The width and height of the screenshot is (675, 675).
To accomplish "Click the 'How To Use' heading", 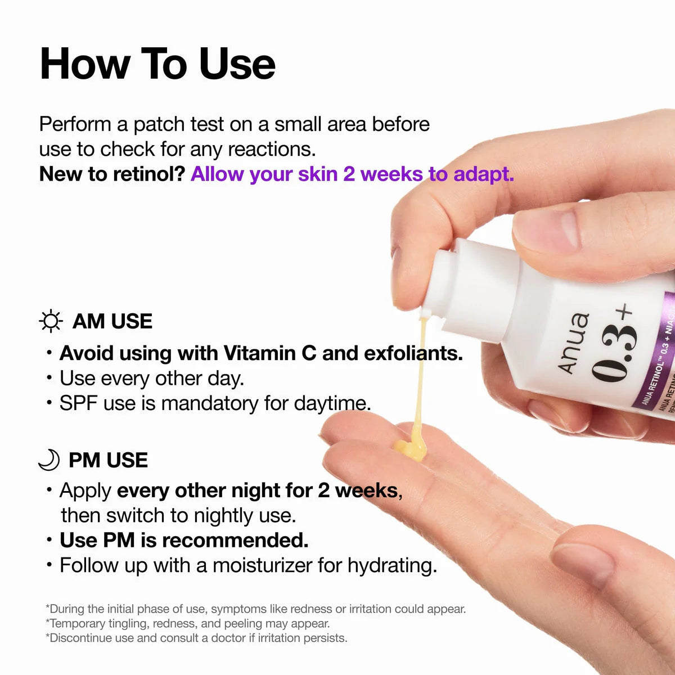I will pyautogui.click(x=157, y=64).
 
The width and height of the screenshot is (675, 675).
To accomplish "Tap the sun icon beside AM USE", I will pyautogui.click(x=51, y=321).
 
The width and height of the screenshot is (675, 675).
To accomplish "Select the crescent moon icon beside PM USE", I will pyautogui.click(x=49, y=460).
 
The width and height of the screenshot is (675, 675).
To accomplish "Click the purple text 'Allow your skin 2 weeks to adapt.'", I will pyautogui.click(x=352, y=174).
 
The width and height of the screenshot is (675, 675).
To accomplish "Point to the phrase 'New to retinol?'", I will pyautogui.click(x=112, y=174).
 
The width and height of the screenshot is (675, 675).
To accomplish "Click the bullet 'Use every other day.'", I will pyautogui.click(x=152, y=378).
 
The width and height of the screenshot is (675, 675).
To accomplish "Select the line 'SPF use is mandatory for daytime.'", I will pyautogui.click(x=215, y=403).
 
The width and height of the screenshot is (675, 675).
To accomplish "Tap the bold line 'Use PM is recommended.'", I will pyautogui.click(x=184, y=540).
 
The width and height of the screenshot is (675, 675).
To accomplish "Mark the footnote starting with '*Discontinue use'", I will pyautogui.click(x=196, y=638).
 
